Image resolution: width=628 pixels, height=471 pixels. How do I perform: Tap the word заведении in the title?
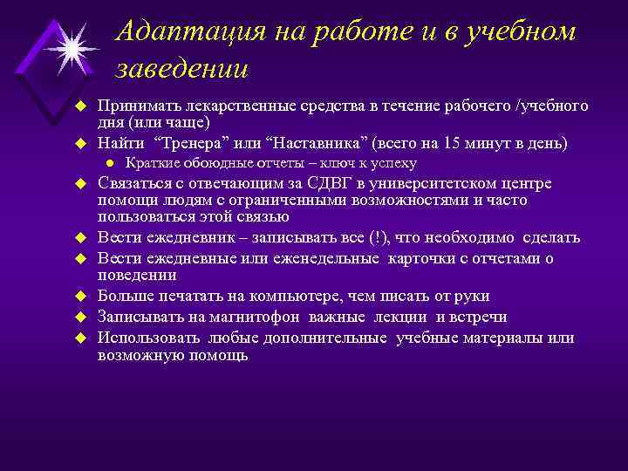[181, 67]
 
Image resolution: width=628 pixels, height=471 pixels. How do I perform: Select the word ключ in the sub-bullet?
[338, 163]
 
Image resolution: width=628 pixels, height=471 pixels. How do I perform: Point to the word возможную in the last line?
[140, 355]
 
